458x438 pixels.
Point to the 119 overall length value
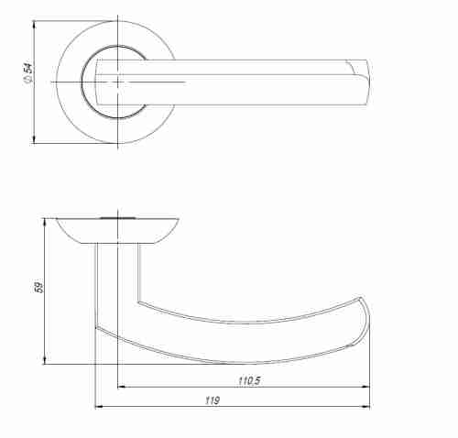click(213, 400)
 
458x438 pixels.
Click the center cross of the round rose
click(119, 82)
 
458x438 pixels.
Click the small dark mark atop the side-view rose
click(117, 218)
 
